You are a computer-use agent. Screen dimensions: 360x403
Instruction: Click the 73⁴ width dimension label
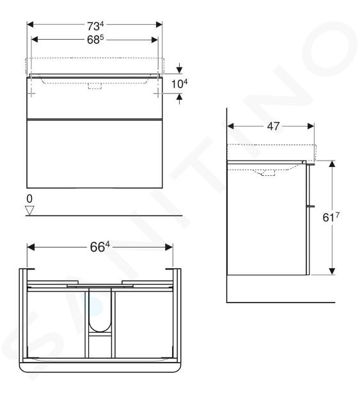coord(95,26)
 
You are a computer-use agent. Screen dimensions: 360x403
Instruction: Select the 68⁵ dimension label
coord(95,40)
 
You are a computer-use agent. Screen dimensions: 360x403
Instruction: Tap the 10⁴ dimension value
coord(179,84)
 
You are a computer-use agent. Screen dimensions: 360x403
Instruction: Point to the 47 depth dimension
coord(273,126)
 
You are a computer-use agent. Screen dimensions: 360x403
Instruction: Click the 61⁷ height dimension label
coord(331,217)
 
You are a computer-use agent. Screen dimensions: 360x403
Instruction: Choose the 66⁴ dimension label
coord(100,247)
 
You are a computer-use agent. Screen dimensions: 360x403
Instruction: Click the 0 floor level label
coord(29,199)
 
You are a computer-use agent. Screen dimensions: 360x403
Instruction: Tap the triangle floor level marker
coord(30,210)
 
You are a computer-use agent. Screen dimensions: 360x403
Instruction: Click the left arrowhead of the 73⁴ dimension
coord(30,25)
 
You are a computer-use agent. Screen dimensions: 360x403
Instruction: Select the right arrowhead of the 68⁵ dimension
coord(155,40)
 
